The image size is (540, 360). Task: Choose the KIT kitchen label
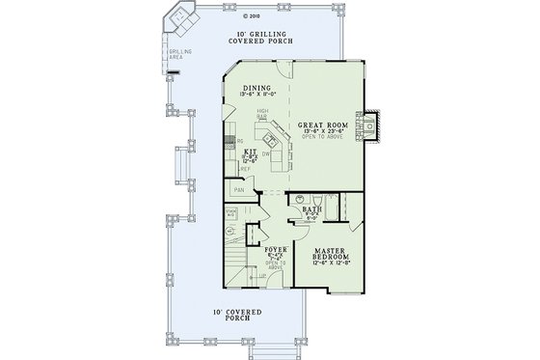click(248, 152)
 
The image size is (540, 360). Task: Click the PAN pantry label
click(237, 190)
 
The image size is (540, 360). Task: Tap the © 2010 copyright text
click(254, 16)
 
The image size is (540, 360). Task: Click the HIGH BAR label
click(261, 113)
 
